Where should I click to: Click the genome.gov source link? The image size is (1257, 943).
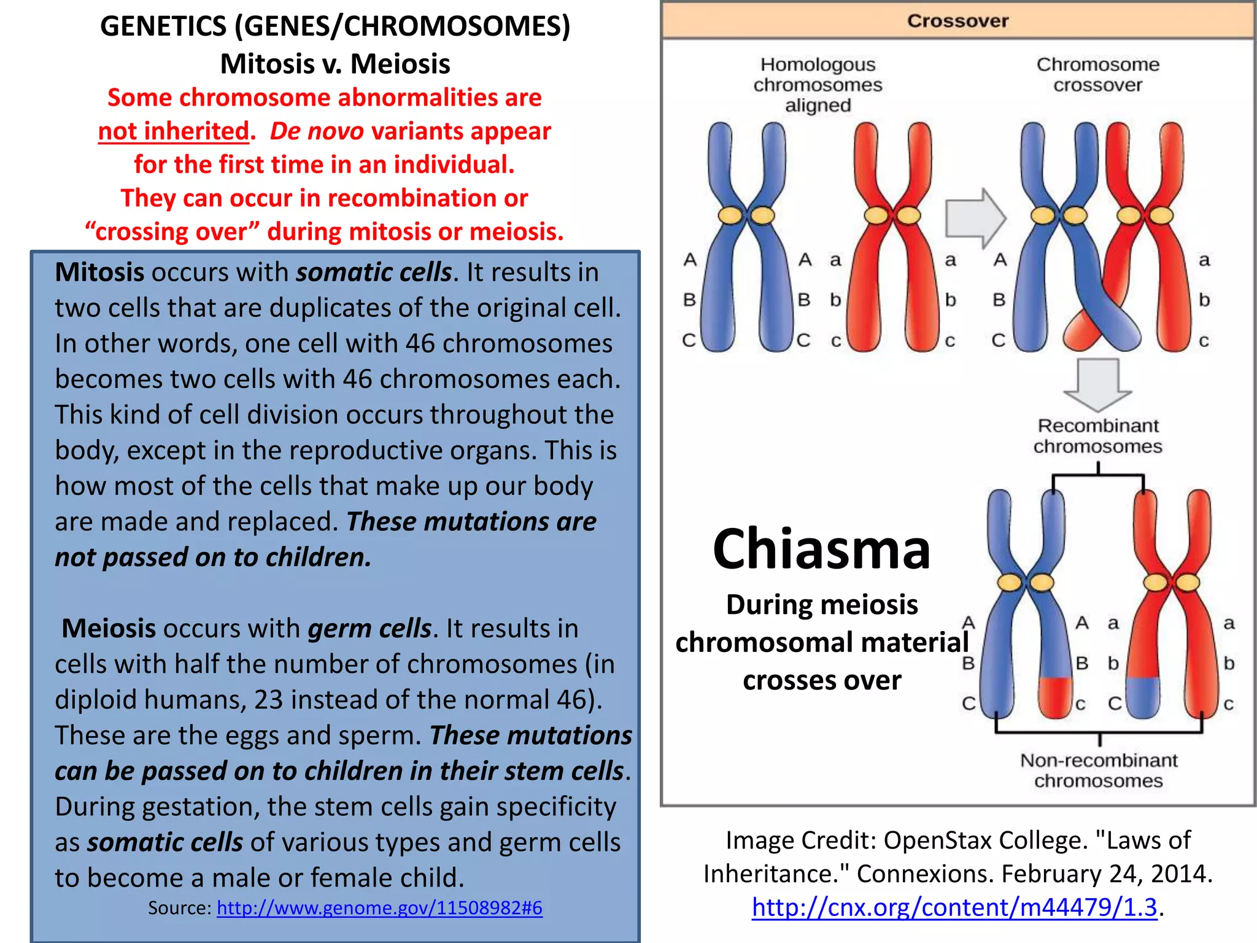click(379, 907)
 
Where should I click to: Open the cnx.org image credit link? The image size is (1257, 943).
click(954, 907)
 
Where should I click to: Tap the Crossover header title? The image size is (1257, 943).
click(957, 21)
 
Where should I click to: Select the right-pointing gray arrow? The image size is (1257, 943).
click(975, 218)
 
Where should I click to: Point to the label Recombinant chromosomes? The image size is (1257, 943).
click(1097, 436)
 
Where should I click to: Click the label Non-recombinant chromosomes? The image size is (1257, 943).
click(1099, 770)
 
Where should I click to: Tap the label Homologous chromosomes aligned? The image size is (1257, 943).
click(818, 85)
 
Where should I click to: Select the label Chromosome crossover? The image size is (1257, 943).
click(1097, 74)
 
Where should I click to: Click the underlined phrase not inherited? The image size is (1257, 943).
click(174, 131)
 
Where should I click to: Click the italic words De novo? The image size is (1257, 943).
click(317, 131)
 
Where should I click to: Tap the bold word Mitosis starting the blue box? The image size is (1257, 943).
click(99, 272)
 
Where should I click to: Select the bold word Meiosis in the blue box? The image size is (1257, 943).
click(109, 628)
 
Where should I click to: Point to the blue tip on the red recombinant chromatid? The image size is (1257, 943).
click(1142, 697)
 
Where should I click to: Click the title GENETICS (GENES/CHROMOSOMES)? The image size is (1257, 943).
click(335, 26)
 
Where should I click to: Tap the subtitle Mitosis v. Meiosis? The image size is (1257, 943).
click(335, 64)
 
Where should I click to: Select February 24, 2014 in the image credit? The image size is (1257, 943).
click(1106, 874)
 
